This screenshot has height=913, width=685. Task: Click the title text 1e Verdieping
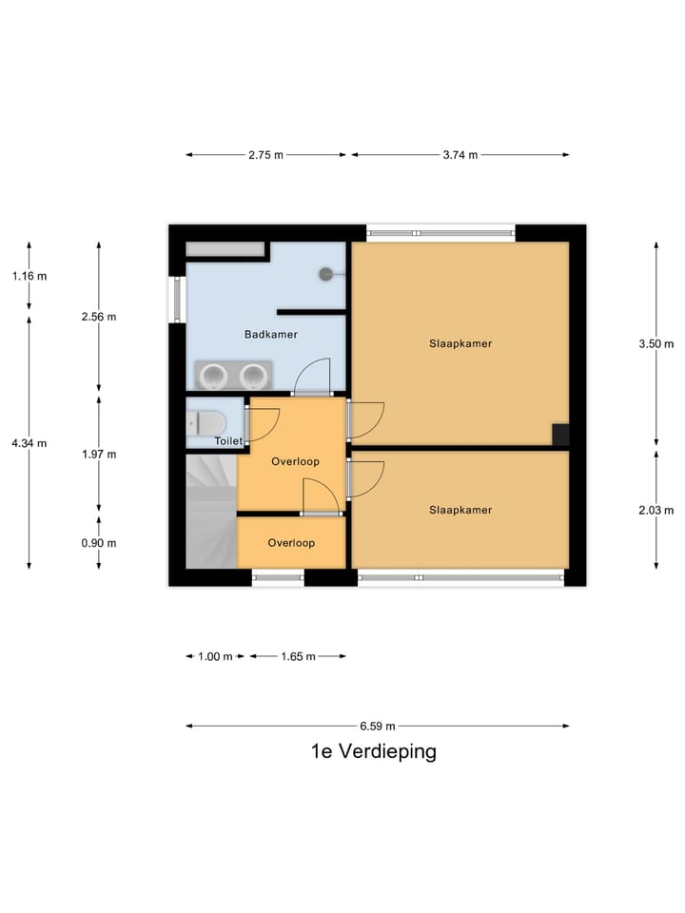point(373,751)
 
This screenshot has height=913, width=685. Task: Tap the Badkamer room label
point(270,335)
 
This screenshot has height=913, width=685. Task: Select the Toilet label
point(228,441)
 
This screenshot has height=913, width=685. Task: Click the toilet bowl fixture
point(206,421)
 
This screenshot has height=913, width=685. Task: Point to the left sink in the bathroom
point(213,375)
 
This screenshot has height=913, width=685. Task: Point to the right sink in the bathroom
point(253,375)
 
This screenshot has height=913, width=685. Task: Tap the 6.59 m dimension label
point(377,726)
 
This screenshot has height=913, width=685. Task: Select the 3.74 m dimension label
point(460,155)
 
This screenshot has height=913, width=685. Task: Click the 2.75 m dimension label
point(266,155)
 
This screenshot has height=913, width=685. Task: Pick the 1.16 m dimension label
point(29,276)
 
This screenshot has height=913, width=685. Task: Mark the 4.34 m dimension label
point(29,443)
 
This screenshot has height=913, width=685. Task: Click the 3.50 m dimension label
point(656,344)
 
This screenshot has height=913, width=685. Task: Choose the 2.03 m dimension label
point(656,510)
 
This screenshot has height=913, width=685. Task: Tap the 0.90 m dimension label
point(99,543)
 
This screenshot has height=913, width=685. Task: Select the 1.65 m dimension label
point(297,656)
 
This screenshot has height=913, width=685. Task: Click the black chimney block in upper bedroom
point(560,435)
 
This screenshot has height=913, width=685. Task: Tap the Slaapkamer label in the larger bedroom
point(460,344)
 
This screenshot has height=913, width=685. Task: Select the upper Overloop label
point(295,461)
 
